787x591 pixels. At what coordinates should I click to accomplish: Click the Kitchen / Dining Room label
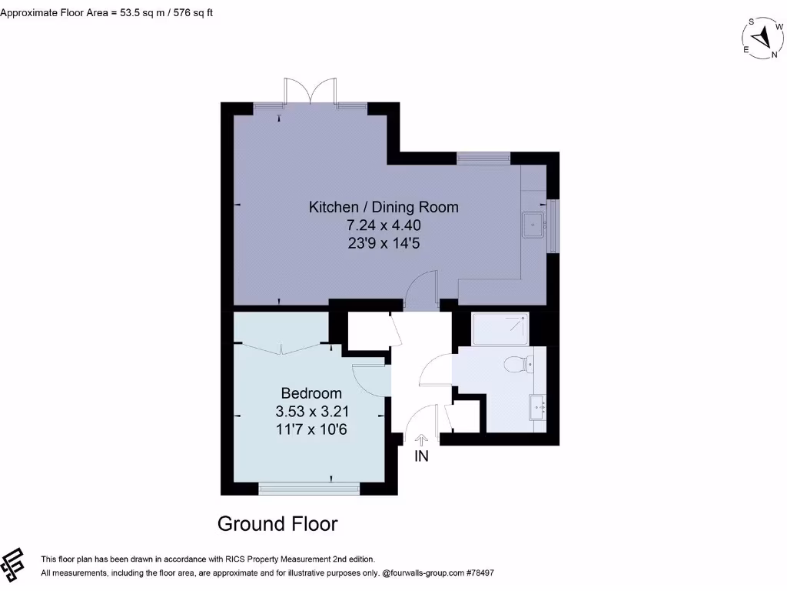click(384, 207)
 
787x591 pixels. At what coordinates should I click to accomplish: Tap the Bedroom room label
click(311, 393)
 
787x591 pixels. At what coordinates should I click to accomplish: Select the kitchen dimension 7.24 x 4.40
click(384, 225)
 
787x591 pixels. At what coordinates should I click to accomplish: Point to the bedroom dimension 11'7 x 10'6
click(311, 429)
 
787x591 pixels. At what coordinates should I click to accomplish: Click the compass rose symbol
click(762, 38)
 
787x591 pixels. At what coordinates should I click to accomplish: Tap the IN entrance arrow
click(421, 440)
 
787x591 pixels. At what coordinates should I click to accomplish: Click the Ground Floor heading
click(277, 524)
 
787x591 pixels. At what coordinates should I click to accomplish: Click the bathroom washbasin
click(537, 406)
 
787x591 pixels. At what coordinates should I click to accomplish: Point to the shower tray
click(500, 329)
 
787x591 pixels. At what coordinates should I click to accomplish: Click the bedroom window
click(309, 487)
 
